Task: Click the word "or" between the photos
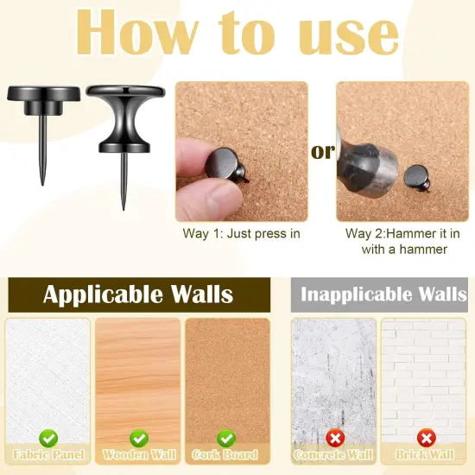[x=322, y=153]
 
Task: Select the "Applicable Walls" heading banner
[x=137, y=294]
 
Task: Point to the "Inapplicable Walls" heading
[x=383, y=294]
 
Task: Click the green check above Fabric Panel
[x=48, y=438]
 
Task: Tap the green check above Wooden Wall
[x=137, y=438]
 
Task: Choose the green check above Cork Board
[x=226, y=438]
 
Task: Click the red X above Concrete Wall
[x=333, y=438]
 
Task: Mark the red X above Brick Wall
[x=425, y=438]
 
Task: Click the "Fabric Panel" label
[x=48, y=455]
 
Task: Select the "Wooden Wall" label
[x=137, y=455]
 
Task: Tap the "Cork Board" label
[x=226, y=455]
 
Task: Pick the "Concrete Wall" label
[x=333, y=455]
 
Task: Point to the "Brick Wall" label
[x=425, y=455]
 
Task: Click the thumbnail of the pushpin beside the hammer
[x=419, y=176]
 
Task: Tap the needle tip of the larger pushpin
[x=123, y=207]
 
